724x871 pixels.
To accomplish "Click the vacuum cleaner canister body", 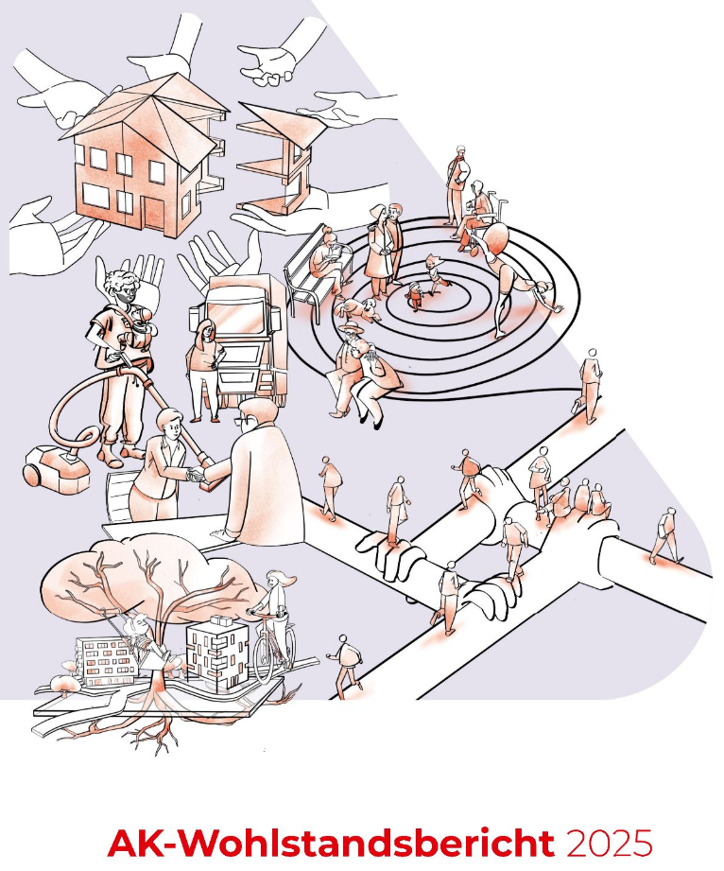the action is [x=56, y=471].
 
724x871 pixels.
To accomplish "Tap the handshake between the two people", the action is [x=198, y=474].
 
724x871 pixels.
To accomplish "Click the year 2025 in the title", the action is [x=609, y=844].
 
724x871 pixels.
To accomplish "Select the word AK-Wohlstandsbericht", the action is [x=332, y=844].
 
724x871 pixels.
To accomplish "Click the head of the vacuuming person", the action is [x=123, y=285].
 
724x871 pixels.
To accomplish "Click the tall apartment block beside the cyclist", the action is [x=216, y=652].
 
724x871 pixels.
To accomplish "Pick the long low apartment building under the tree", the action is [x=106, y=660].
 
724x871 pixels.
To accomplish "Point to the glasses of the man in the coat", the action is [x=244, y=421].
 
